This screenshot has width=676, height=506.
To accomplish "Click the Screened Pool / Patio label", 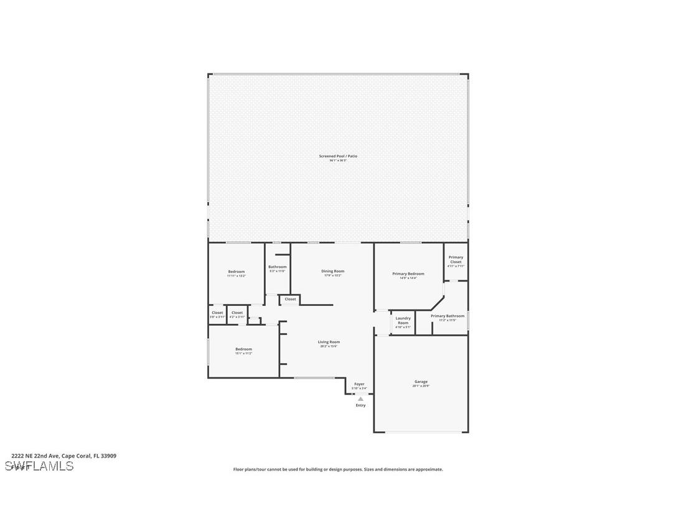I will coord(338,156).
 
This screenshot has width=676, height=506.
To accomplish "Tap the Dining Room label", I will coord(332,271).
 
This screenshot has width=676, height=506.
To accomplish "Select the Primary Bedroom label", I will coord(408,274).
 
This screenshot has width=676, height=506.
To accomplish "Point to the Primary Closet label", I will coord(456,259).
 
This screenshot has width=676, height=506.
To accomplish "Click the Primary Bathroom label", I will coord(447,316).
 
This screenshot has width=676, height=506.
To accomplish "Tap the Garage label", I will coord(421,382).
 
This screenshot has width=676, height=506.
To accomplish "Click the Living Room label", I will coord(329,342).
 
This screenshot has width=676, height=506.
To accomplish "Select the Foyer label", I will coord(359,384).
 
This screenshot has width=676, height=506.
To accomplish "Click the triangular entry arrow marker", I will coord(360,398).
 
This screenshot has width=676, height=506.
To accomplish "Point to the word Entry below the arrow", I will coord(360,405).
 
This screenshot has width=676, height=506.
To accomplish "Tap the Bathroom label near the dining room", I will coord(277,267).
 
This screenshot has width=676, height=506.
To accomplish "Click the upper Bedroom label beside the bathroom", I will coord(236,272).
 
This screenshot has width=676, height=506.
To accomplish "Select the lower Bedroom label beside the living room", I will coord(243,349).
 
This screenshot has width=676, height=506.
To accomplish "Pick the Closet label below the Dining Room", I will coord(290,299).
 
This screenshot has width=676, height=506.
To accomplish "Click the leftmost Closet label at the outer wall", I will coord(217,313).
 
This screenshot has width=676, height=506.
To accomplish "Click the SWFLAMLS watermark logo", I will coord(39,466).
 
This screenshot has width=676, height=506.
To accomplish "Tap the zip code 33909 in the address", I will coord(108,456).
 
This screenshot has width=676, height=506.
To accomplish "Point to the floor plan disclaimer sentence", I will coord(338,469).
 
